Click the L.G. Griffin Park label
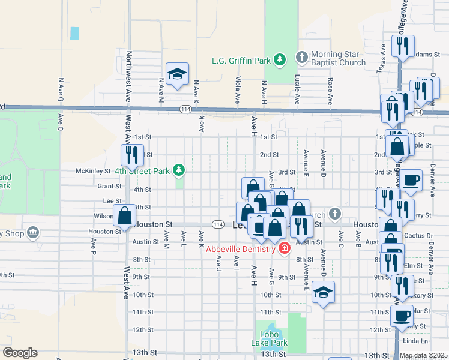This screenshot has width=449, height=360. [x=241, y=60]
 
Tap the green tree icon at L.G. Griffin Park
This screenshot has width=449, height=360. [x=279, y=59]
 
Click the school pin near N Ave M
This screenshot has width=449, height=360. [x=177, y=74]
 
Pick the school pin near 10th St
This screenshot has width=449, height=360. [x=323, y=292]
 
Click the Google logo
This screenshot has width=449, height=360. [x=19, y=353]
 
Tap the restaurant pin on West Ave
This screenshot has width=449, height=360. [x=130, y=155]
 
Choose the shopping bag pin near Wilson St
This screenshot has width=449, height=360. [x=124, y=216]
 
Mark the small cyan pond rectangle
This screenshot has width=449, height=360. [x=74, y=34]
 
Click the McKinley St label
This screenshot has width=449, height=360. [x=90, y=171]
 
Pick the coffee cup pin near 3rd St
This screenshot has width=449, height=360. [x=411, y=180]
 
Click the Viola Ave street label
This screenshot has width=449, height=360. [x=238, y=89]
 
